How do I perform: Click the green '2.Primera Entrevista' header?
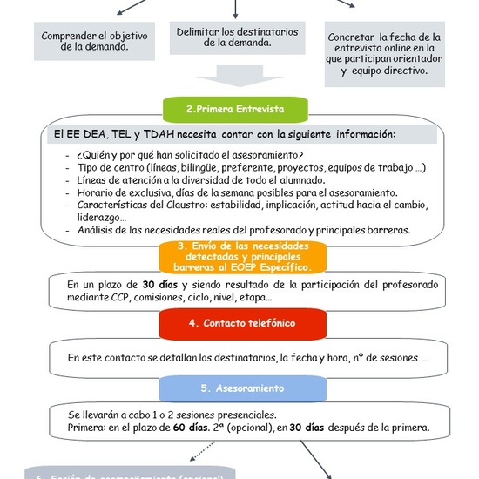coord(235,110)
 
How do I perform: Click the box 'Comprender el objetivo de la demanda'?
coord(96,41)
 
